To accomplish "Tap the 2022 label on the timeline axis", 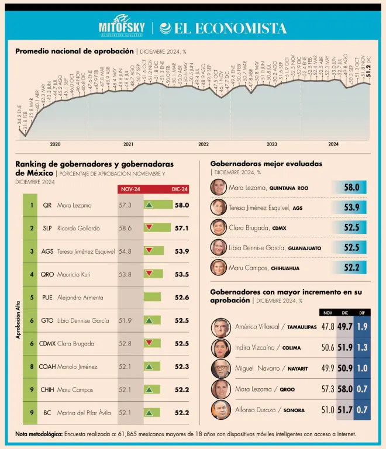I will coord(204,143).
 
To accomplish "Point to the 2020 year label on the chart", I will coord(55,143).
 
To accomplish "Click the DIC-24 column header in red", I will coord(179,189).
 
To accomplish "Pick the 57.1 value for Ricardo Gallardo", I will coord(181,228).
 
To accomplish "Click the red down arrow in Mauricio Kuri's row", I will coord(150,274).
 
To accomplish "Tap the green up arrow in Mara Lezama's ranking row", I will coord(150,205).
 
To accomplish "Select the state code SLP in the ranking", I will coord(47,228).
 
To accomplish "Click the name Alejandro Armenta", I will coord(80,297).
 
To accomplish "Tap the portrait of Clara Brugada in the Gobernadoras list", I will coord(218,227).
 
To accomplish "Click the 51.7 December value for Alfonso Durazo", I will coord(345,410).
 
